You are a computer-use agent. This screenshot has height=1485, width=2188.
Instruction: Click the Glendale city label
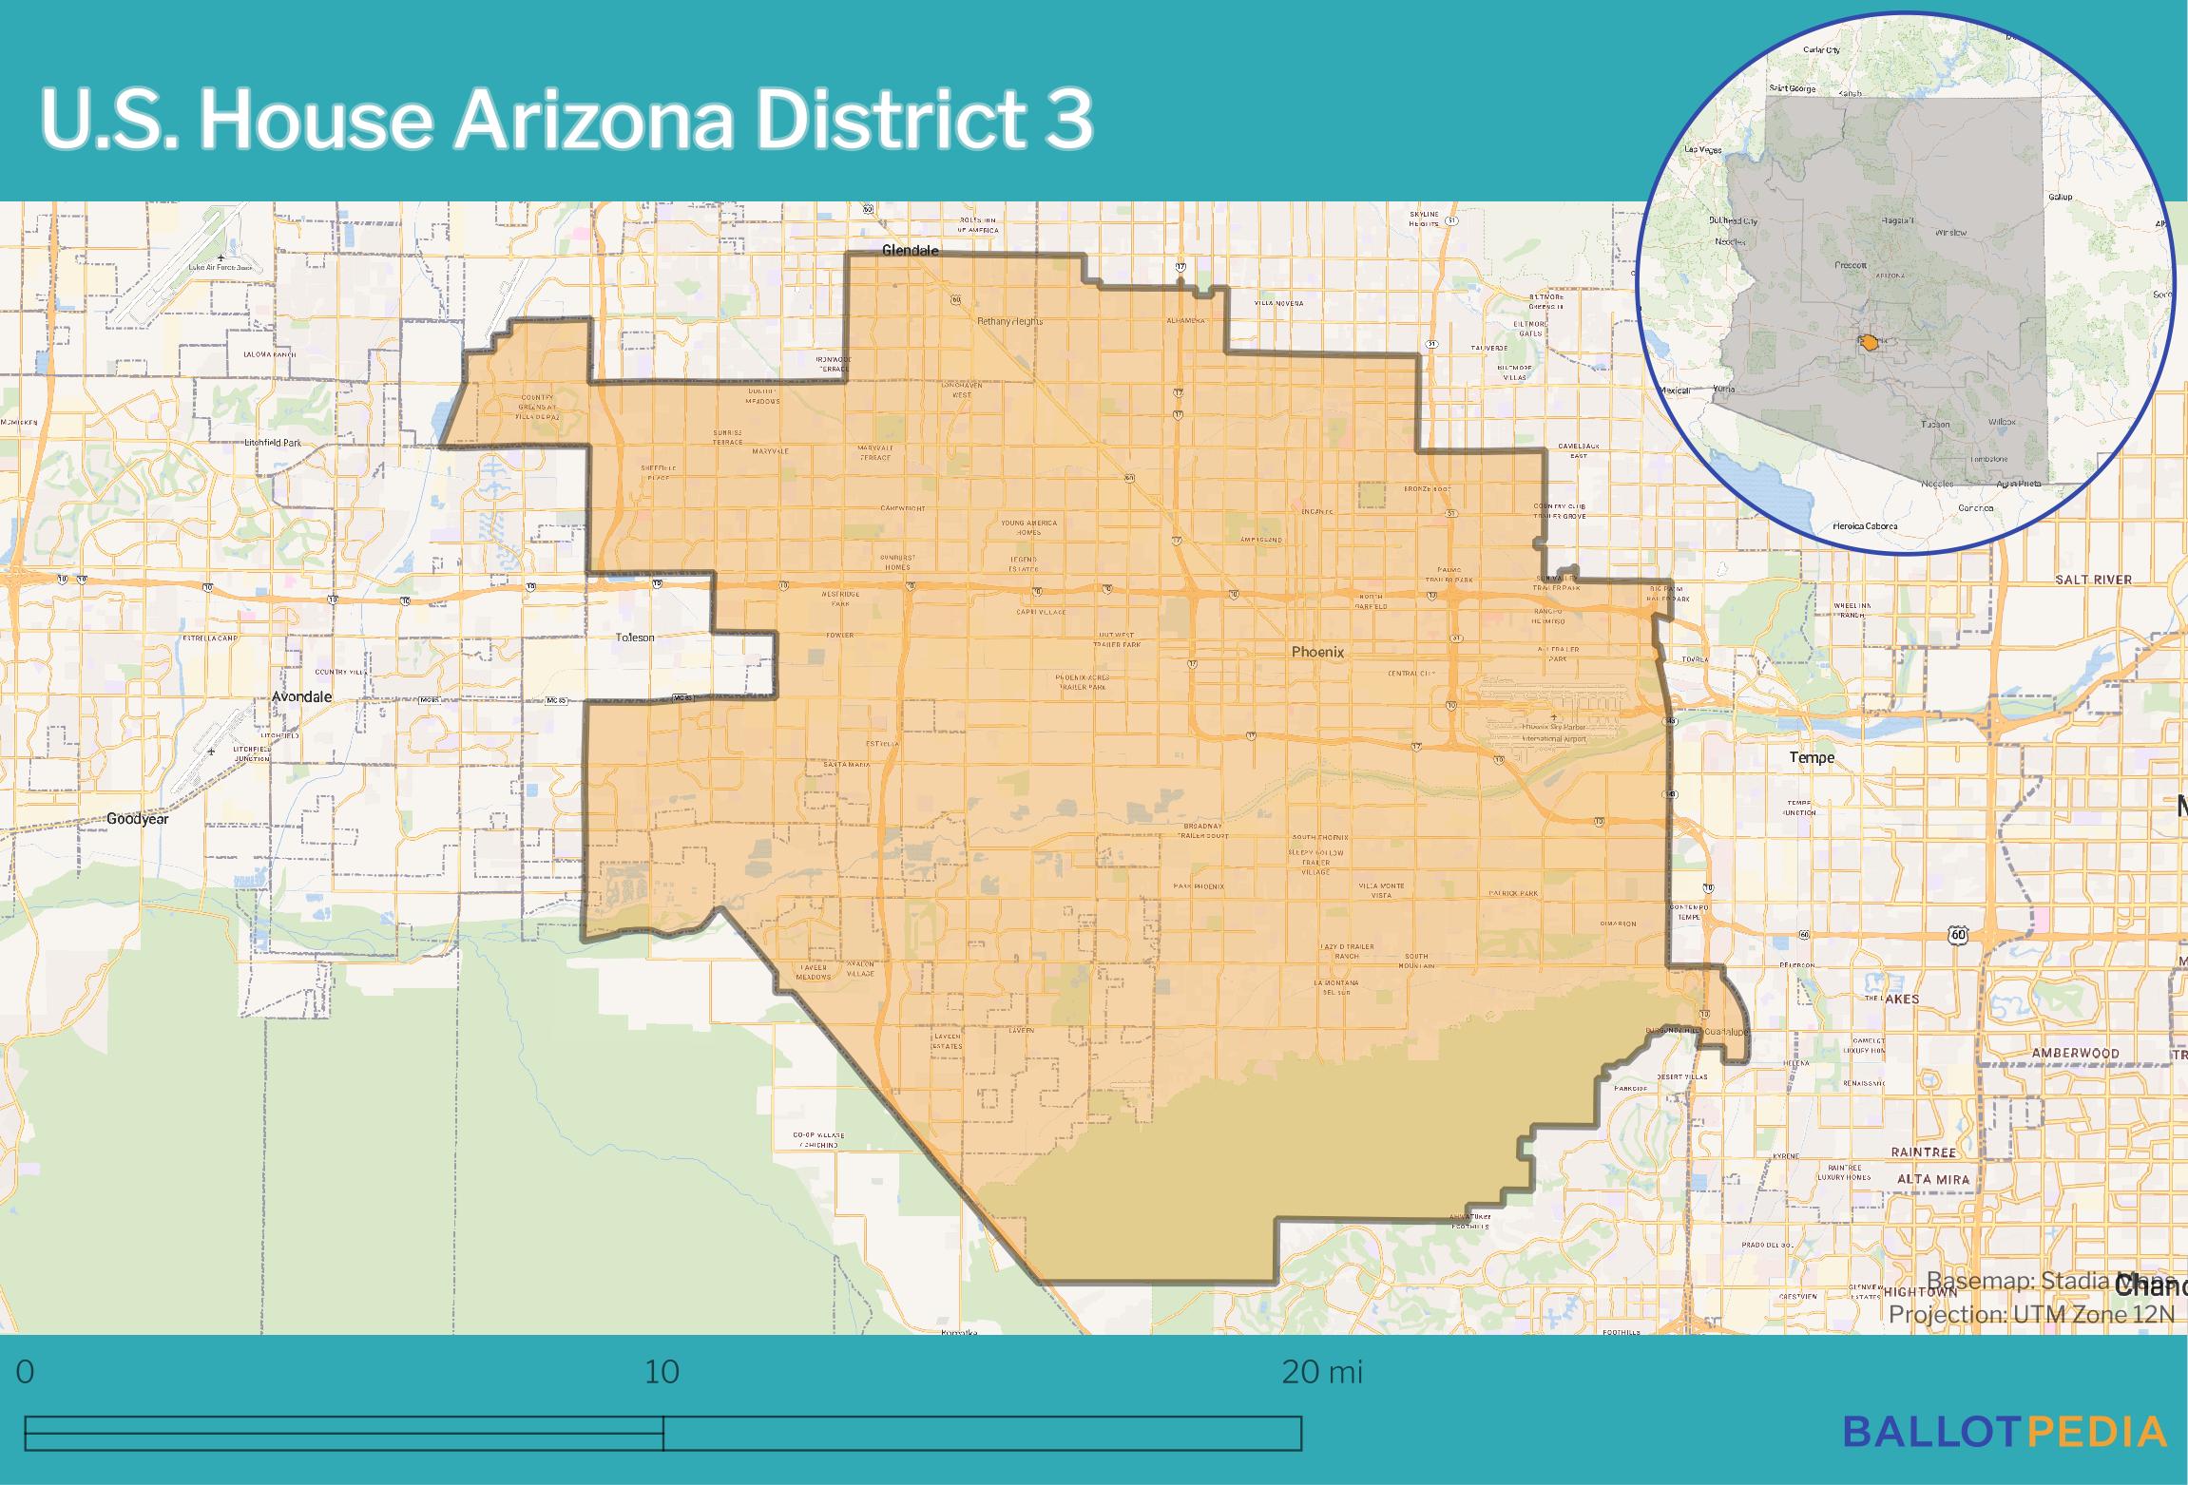910,251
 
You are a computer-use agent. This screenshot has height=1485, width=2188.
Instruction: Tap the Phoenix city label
1317,652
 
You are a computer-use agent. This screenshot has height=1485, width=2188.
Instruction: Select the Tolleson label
635,638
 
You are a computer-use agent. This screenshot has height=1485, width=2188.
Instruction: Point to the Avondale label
301,696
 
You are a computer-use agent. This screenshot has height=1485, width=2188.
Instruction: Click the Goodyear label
137,818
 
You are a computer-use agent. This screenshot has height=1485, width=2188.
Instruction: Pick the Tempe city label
1812,757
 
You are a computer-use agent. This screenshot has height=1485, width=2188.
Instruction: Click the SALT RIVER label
2093,579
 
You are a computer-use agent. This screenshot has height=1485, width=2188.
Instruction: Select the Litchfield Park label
272,443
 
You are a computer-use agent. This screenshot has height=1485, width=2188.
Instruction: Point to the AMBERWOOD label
2075,1053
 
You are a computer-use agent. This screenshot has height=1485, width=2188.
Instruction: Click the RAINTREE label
1923,1152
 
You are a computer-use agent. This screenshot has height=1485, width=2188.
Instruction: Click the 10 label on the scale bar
662,1372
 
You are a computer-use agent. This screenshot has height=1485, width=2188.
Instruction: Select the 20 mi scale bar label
1322,1372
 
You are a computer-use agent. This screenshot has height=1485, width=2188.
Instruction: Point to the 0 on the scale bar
26,1372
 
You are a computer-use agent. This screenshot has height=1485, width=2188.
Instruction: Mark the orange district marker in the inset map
1869,342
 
